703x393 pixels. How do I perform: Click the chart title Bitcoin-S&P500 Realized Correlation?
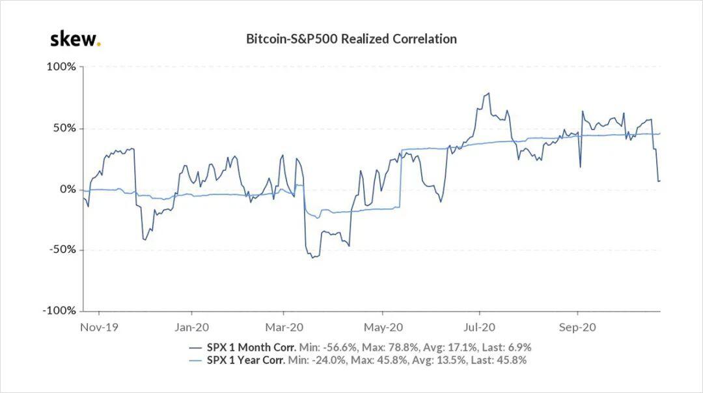[x=351, y=39]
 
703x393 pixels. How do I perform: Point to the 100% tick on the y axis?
[x=61, y=67]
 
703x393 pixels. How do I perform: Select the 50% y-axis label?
[x=64, y=128]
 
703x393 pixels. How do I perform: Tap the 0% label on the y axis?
[x=68, y=189]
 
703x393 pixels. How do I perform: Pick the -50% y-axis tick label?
[x=62, y=250]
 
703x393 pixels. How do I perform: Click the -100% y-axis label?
[x=60, y=310]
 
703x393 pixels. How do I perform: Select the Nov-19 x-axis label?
[x=99, y=327]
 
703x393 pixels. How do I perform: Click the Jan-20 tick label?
[x=191, y=327]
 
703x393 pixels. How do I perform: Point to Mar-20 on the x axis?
[x=284, y=327]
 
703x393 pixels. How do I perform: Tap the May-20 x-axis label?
[x=383, y=327]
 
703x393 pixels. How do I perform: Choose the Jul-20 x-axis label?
[x=479, y=327]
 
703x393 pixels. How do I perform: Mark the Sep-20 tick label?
[x=577, y=327]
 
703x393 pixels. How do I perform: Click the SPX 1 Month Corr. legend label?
[x=251, y=347]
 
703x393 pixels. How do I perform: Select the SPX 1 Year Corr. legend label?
[x=245, y=360]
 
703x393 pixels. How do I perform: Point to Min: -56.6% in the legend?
[x=328, y=347]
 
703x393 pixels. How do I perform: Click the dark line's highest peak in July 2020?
[x=488, y=93]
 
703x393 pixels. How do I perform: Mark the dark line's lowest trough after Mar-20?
[x=312, y=258]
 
